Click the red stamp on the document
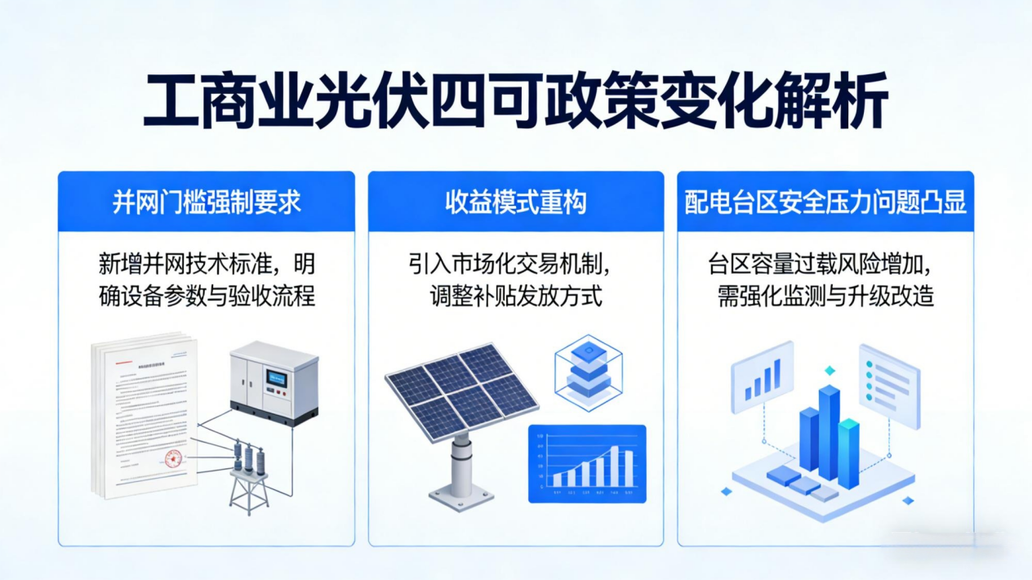coord(174,459)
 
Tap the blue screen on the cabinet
coord(278,380)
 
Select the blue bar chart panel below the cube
coord(586,463)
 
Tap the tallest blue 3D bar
coord(829,431)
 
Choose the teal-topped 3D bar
coord(849,452)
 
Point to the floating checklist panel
coord(888,384)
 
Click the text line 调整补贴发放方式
coord(516,295)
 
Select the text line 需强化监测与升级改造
coord(825,295)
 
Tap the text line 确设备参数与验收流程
coord(207,295)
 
